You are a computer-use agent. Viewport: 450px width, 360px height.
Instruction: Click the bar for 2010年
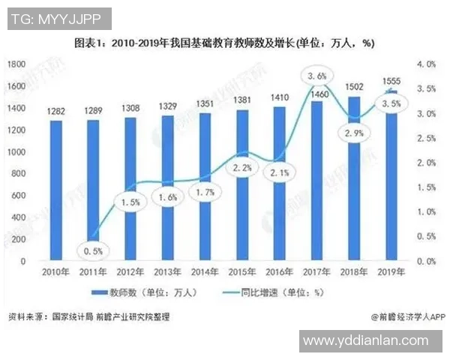(x=56, y=190)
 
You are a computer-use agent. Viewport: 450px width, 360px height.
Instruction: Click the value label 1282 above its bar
(x=56, y=112)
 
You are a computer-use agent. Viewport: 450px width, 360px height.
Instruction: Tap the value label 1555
(x=390, y=80)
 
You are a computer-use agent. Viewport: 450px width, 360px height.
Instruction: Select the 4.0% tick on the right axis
(x=426, y=65)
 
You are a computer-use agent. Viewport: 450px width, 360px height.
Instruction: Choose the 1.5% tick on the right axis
(x=426, y=187)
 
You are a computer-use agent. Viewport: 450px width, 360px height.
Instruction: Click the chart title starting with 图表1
(x=224, y=43)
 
